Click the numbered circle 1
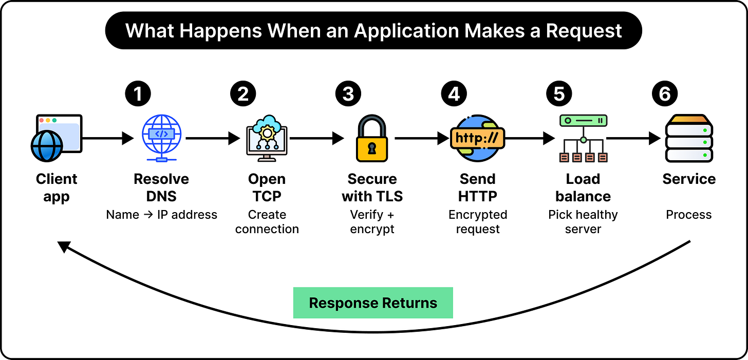[x=138, y=93]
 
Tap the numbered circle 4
[x=454, y=93]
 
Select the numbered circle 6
[x=665, y=93]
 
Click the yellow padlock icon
[x=372, y=138]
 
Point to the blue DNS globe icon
[x=162, y=138]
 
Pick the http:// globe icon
[x=478, y=138]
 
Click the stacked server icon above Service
[x=689, y=138]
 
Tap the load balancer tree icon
[x=584, y=138]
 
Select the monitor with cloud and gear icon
[x=267, y=138]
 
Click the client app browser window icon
[x=57, y=138]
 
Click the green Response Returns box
[x=373, y=302]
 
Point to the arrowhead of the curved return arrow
[x=64, y=247]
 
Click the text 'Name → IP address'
[x=162, y=215]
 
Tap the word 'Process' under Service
[x=688, y=215]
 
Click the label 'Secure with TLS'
[x=372, y=187]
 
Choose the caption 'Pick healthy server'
[x=583, y=222]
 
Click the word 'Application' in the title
[x=406, y=31]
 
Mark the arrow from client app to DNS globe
[x=108, y=138]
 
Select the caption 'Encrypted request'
[x=478, y=222]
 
